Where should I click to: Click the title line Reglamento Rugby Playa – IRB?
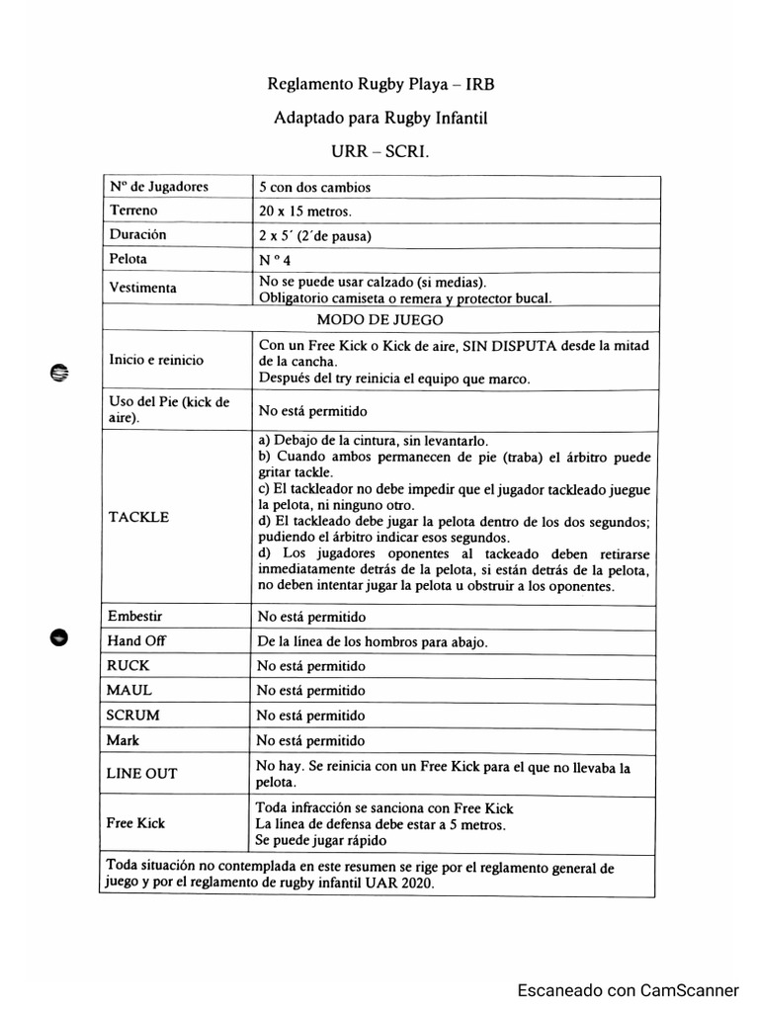pyautogui.click(x=380, y=85)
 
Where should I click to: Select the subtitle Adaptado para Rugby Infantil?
pyautogui.click(x=380, y=119)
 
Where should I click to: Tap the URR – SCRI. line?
pyautogui.click(x=380, y=153)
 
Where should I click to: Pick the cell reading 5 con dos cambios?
pyautogui.click(x=314, y=187)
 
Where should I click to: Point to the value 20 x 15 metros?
pyautogui.click(x=304, y=211)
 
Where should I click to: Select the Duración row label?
pyautogui.click(x=138, y=235)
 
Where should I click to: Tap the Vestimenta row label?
pyautogui.click(x=144, y=288)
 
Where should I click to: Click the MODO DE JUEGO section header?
pyautogui.click(x=379, y=320)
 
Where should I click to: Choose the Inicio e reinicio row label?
pyautogui.click(x=157, y=360)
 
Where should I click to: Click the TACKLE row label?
pyautogui.click(x=139, y=517)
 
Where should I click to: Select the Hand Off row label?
pyautogui.click(x=137, y=640)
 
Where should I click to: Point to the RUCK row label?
pyautogui.click(x=129, y=665)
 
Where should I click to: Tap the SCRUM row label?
pyautogui.click(x=134, y=715)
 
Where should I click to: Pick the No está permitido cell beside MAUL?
pyautogui.click(x=311, y=690)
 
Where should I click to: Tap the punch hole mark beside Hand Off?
pyautogui.click(x=58, y=636)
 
